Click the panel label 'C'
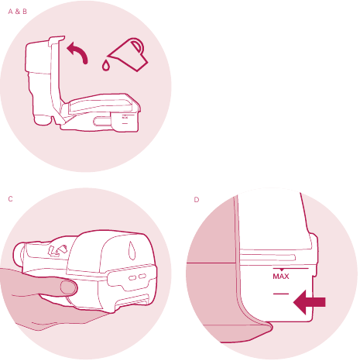click(x=10, y=199)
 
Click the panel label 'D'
click(x=197, y=199)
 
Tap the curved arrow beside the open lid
click(x=77, y=52)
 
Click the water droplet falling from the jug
click(x=106, y=68)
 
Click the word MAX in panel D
click(x=280, y=275)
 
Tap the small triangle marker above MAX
click(x=280, y=268)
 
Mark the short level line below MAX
click(x=280, y=294)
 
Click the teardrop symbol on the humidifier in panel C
click(x=132, y=250)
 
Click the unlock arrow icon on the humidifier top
click(x=56, y=249)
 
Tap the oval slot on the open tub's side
click(x=100, y=120)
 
